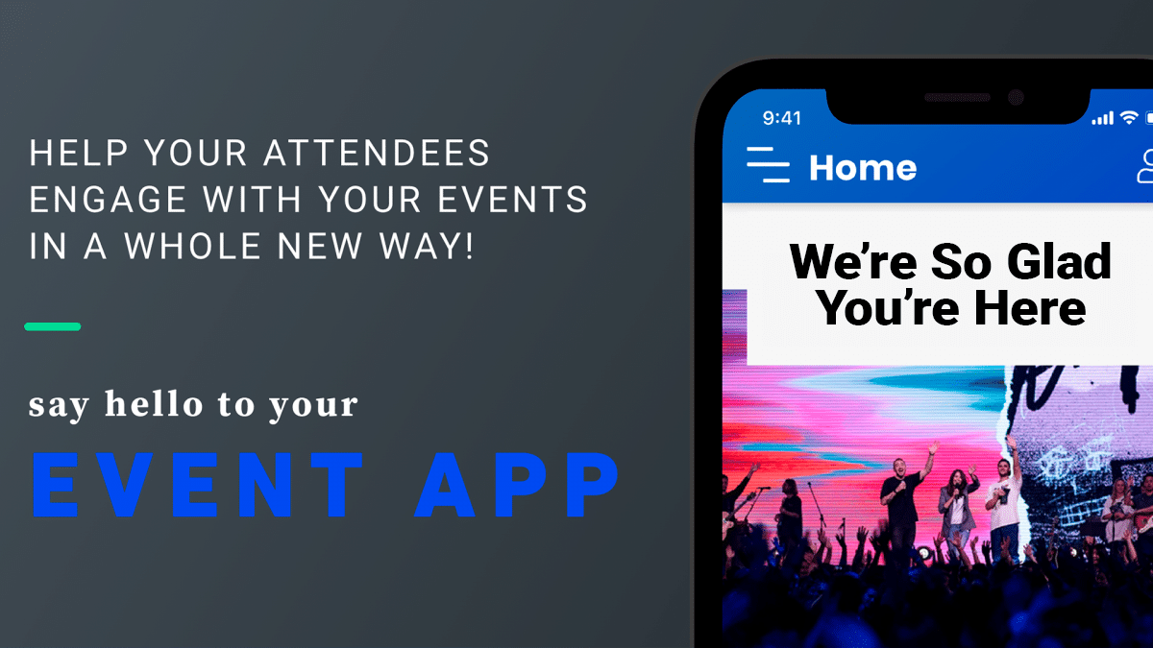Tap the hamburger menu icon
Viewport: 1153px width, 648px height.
coord(768,165)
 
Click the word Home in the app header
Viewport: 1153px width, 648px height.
coord(862,168)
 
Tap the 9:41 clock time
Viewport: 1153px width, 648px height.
coord(781,118)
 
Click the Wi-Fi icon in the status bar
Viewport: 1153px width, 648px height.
coord(1128,117)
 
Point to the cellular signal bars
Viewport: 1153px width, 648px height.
coord(1102,119)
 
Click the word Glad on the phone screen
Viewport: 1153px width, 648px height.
coord(1061,261)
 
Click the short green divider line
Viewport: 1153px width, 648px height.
coord(53,326)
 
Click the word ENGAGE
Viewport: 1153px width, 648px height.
coord(94,200)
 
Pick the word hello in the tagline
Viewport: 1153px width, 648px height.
coord(153,404)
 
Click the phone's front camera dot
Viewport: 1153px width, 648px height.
coord(1016,98)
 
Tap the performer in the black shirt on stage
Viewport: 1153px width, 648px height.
coord(902,509)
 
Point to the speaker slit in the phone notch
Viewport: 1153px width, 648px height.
coord(956,98)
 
